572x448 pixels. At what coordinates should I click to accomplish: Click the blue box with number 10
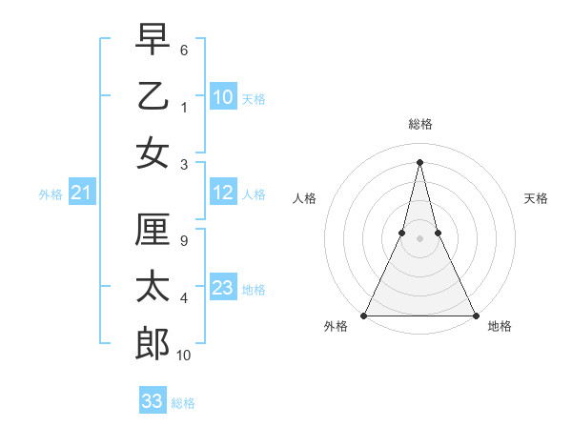223,96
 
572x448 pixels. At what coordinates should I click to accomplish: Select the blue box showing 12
223,193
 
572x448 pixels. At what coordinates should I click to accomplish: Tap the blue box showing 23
223,288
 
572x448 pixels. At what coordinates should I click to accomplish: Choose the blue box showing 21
82,193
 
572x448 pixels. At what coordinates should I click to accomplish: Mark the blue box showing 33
153,401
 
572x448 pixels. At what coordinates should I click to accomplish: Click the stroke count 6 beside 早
184,49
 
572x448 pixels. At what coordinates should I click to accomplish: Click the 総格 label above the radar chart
420,124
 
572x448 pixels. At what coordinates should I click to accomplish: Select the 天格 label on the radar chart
536,198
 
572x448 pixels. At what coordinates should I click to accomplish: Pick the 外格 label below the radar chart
336,327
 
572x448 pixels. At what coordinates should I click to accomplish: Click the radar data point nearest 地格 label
475,315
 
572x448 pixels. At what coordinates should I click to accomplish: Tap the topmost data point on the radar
420,161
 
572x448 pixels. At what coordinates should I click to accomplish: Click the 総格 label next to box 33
183,403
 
